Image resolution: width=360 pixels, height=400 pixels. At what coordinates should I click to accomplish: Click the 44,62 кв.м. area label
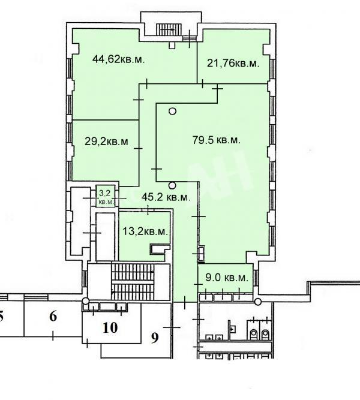pos(118,60)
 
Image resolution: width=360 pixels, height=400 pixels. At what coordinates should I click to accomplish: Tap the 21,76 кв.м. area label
pos(233,63)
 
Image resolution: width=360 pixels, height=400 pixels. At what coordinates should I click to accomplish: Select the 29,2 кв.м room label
pos(106,141)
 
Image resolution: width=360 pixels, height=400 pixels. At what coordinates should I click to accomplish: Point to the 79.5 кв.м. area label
pos(216,140)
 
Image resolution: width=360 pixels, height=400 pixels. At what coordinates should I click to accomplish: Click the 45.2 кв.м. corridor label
pos(166,197)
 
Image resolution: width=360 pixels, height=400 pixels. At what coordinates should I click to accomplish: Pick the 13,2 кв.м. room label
pos(145,231)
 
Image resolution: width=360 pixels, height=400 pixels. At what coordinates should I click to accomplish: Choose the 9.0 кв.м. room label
pos(227,278)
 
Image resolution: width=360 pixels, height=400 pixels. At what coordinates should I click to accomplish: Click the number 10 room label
pos(110,327)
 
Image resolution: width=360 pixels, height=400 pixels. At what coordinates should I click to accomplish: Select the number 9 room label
pos(155,338)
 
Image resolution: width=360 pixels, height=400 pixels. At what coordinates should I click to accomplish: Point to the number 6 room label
pos(53,316)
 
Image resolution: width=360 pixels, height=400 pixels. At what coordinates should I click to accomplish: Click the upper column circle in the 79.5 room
pos(173,111)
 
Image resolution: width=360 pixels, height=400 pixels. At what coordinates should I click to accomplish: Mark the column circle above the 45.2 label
pos(172,185)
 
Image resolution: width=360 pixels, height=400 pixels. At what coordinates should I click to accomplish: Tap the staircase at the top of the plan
pos(169,30)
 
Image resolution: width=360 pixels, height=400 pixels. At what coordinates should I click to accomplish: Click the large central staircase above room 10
pos(133,282)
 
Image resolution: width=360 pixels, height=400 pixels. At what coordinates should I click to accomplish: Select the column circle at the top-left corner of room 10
pos(86,301)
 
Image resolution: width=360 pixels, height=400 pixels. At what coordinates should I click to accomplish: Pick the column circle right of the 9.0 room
pos(258,302)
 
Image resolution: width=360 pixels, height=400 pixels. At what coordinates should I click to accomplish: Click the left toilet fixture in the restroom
pos(254,333)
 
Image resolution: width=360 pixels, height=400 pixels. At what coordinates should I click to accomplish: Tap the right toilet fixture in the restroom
pos(265,333)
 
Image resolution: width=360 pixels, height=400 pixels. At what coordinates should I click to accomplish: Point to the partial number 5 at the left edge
pos(1,317)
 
